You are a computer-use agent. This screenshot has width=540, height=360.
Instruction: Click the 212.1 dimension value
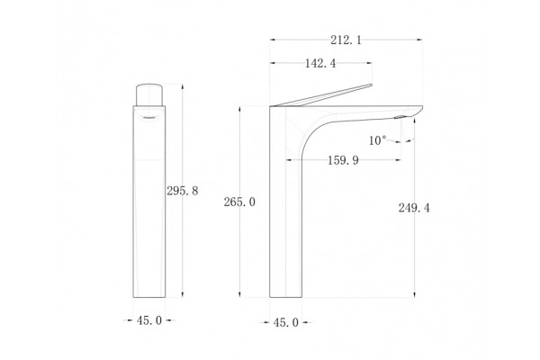point(346,40)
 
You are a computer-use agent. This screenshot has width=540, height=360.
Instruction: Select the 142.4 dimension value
point(320,63)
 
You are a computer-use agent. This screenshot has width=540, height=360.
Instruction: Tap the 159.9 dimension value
point(343,160)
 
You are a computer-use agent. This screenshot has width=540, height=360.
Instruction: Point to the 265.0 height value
point(239,202)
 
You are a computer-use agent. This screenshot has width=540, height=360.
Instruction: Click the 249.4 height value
point(414,208)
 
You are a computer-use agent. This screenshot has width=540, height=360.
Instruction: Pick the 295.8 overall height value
point(183,191)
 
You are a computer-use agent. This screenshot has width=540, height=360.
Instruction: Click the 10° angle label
point(377,140)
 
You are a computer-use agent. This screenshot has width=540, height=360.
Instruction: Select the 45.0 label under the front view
point(149,320)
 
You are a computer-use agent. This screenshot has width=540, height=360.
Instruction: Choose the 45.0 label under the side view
point(286,323)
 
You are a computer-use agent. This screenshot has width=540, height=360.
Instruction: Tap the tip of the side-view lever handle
point(371,85)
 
